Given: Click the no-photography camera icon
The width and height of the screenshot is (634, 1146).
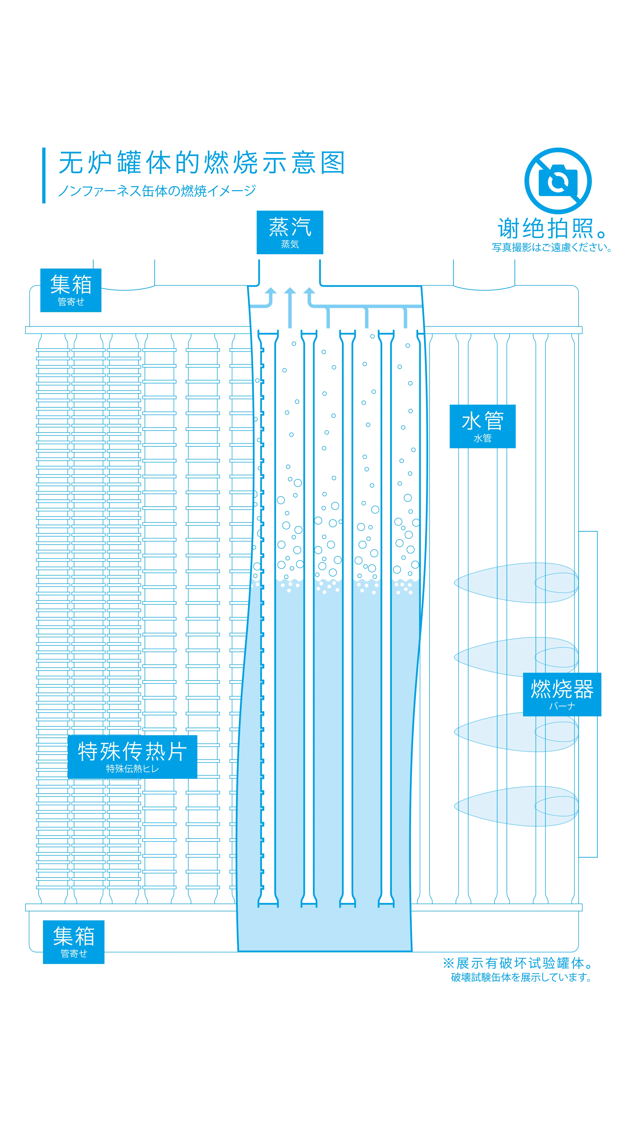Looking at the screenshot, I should [558, 181].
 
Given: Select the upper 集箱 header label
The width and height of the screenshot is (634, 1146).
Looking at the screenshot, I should [71, 290].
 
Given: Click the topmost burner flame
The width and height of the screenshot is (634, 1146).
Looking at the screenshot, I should [516, 583].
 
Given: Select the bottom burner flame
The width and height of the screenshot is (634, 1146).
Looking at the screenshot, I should [516, 806].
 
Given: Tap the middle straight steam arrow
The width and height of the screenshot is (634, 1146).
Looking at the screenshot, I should [290, 307].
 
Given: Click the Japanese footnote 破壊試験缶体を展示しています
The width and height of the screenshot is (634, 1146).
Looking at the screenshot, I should [521, 977].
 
